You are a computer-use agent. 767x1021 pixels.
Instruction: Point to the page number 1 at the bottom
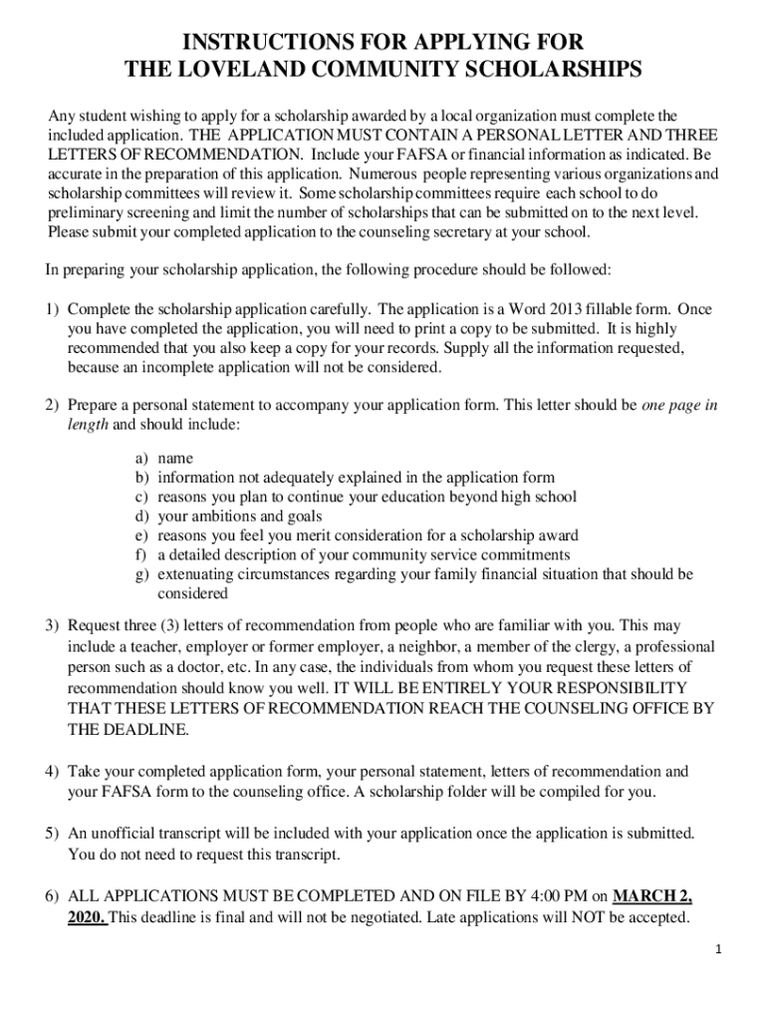click(716, 948)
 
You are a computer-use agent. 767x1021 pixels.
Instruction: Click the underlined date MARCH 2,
click(652, 893)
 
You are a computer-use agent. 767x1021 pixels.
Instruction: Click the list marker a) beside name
click(143, 458)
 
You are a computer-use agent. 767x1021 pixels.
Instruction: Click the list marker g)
click(143, 574)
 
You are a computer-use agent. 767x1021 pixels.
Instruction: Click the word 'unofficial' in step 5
click(130, 833)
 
